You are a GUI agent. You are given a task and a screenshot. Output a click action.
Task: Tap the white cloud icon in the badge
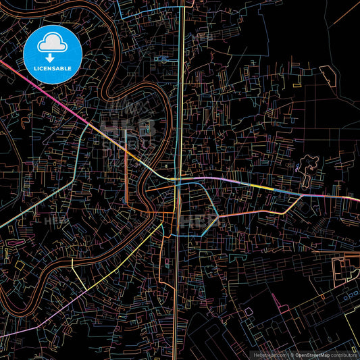point(53,45)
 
